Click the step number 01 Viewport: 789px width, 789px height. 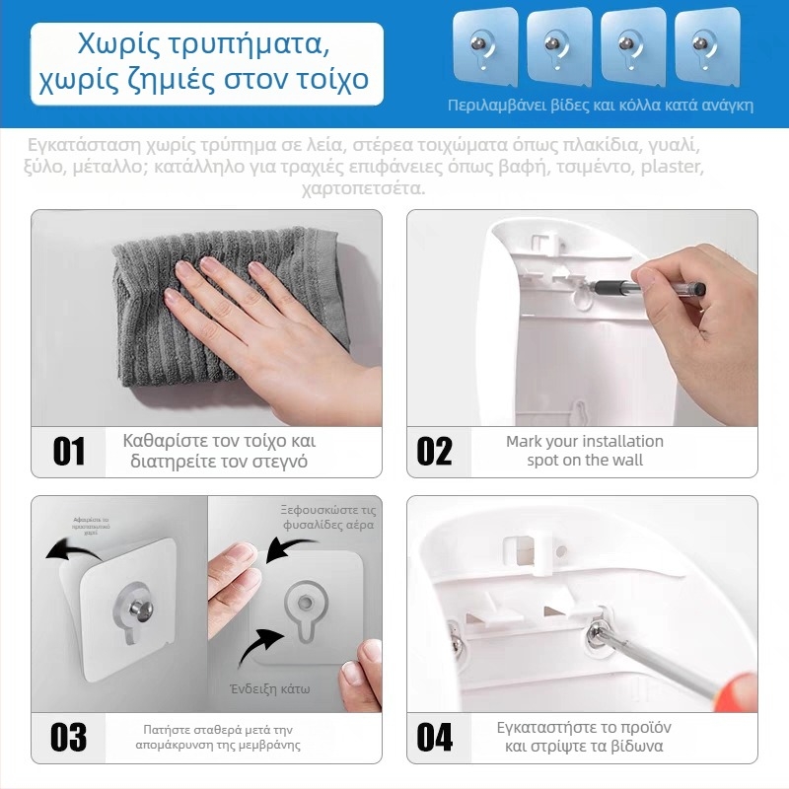[68, 451]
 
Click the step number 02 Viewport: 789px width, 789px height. [434, 451]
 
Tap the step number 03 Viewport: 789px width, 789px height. [68, 737]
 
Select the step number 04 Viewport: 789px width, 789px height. [434, 737]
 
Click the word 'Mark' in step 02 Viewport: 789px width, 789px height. [525, 441]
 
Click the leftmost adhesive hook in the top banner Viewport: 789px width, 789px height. [484, 45]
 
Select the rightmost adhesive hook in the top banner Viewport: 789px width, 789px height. [706, 45]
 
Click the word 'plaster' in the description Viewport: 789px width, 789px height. [671, 167]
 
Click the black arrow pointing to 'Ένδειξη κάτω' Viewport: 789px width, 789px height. [258, 647]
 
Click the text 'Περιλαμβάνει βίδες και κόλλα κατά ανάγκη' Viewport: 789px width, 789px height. [600, 105]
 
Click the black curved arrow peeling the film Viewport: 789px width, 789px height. [74, 548]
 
